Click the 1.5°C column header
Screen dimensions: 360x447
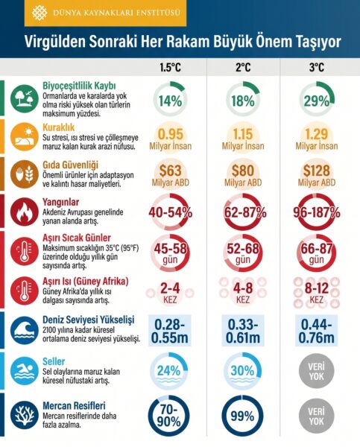(x=170, y=68)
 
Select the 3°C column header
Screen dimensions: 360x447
(x=316, y=68)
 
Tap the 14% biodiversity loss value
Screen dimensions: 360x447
(x=170, y=101)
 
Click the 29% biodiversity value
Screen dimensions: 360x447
(x=317, y=101)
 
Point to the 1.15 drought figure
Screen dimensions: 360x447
(x=243, y=134)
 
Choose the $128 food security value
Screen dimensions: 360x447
(x=316, y=171)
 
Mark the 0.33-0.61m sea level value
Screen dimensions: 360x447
(x=243, y=331)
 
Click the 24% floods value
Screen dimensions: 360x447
(x=169, y=370)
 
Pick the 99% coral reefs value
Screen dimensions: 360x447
(x=242, y=416)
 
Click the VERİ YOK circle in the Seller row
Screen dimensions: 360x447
(x=316, y=371)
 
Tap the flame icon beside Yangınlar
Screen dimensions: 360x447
(x=25, y=212)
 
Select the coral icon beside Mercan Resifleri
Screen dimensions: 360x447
(x=25, y=416)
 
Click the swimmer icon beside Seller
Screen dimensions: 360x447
(x=25, y=371)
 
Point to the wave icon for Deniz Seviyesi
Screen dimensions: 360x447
(x=25, y=331)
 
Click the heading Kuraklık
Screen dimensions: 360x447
(x=58, y=127)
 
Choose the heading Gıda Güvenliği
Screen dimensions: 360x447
(x=71, y=165)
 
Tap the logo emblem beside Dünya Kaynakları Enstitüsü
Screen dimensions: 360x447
(x=40, y=13)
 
